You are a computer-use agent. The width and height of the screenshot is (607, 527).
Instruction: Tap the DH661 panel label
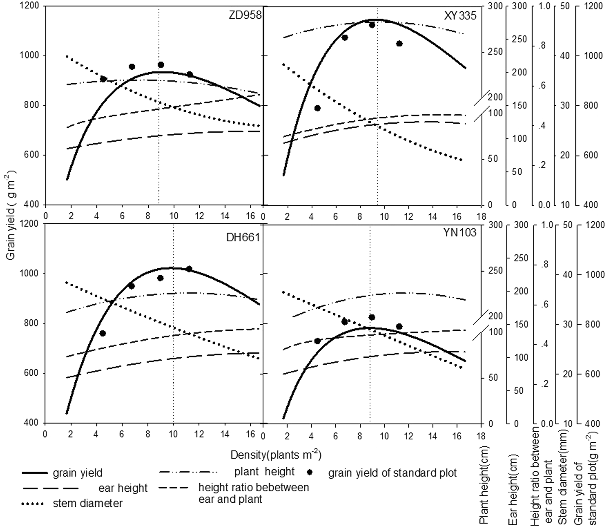point(243,237)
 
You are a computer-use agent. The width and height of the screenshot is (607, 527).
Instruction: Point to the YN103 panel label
point(459,233)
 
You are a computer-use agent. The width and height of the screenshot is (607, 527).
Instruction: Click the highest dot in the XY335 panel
point(372,25)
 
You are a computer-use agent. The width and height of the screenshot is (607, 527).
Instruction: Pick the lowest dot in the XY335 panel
point(317,108)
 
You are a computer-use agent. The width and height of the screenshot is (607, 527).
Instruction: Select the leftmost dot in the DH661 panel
point(103,333)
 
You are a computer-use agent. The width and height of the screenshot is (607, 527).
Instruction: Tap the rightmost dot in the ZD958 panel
point(190,74)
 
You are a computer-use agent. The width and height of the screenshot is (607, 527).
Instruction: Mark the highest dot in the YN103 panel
point(372,317)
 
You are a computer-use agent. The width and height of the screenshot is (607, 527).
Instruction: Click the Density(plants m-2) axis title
point(276,455)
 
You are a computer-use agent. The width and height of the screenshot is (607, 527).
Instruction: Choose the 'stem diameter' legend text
point(88,503)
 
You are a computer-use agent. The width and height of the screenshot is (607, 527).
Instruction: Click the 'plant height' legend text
point(265,471)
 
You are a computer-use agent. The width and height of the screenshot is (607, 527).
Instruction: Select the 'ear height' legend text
point(123,488)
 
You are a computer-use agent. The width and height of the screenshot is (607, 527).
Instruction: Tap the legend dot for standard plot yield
point(310,473)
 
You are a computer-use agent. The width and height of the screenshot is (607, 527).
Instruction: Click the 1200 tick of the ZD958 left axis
point(31,6)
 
